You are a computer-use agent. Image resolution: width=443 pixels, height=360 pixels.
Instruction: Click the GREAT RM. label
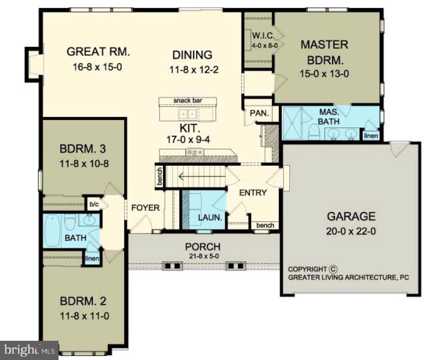[x=98, y=52]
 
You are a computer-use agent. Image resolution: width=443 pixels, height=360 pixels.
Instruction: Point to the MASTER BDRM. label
[x=324, y=50]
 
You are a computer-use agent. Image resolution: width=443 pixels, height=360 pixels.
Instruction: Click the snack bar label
[x=188, y=100]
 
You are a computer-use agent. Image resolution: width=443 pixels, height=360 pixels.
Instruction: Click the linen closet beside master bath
[x=370, y=136]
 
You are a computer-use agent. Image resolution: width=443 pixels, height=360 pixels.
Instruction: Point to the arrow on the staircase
[x=188, y=175]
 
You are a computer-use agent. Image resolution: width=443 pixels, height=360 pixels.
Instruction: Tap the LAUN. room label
[x=210, y=217]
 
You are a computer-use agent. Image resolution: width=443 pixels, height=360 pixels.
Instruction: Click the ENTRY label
[x=253, y=192]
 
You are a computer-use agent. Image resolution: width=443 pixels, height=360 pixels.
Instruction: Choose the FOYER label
[x=145, y=208]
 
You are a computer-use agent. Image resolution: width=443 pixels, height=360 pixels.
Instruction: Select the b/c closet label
[x=94, y=204]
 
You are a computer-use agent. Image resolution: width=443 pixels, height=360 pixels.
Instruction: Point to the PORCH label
[x=203, y=247]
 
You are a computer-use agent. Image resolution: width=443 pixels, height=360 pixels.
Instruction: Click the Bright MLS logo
[x=29, y=350]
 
